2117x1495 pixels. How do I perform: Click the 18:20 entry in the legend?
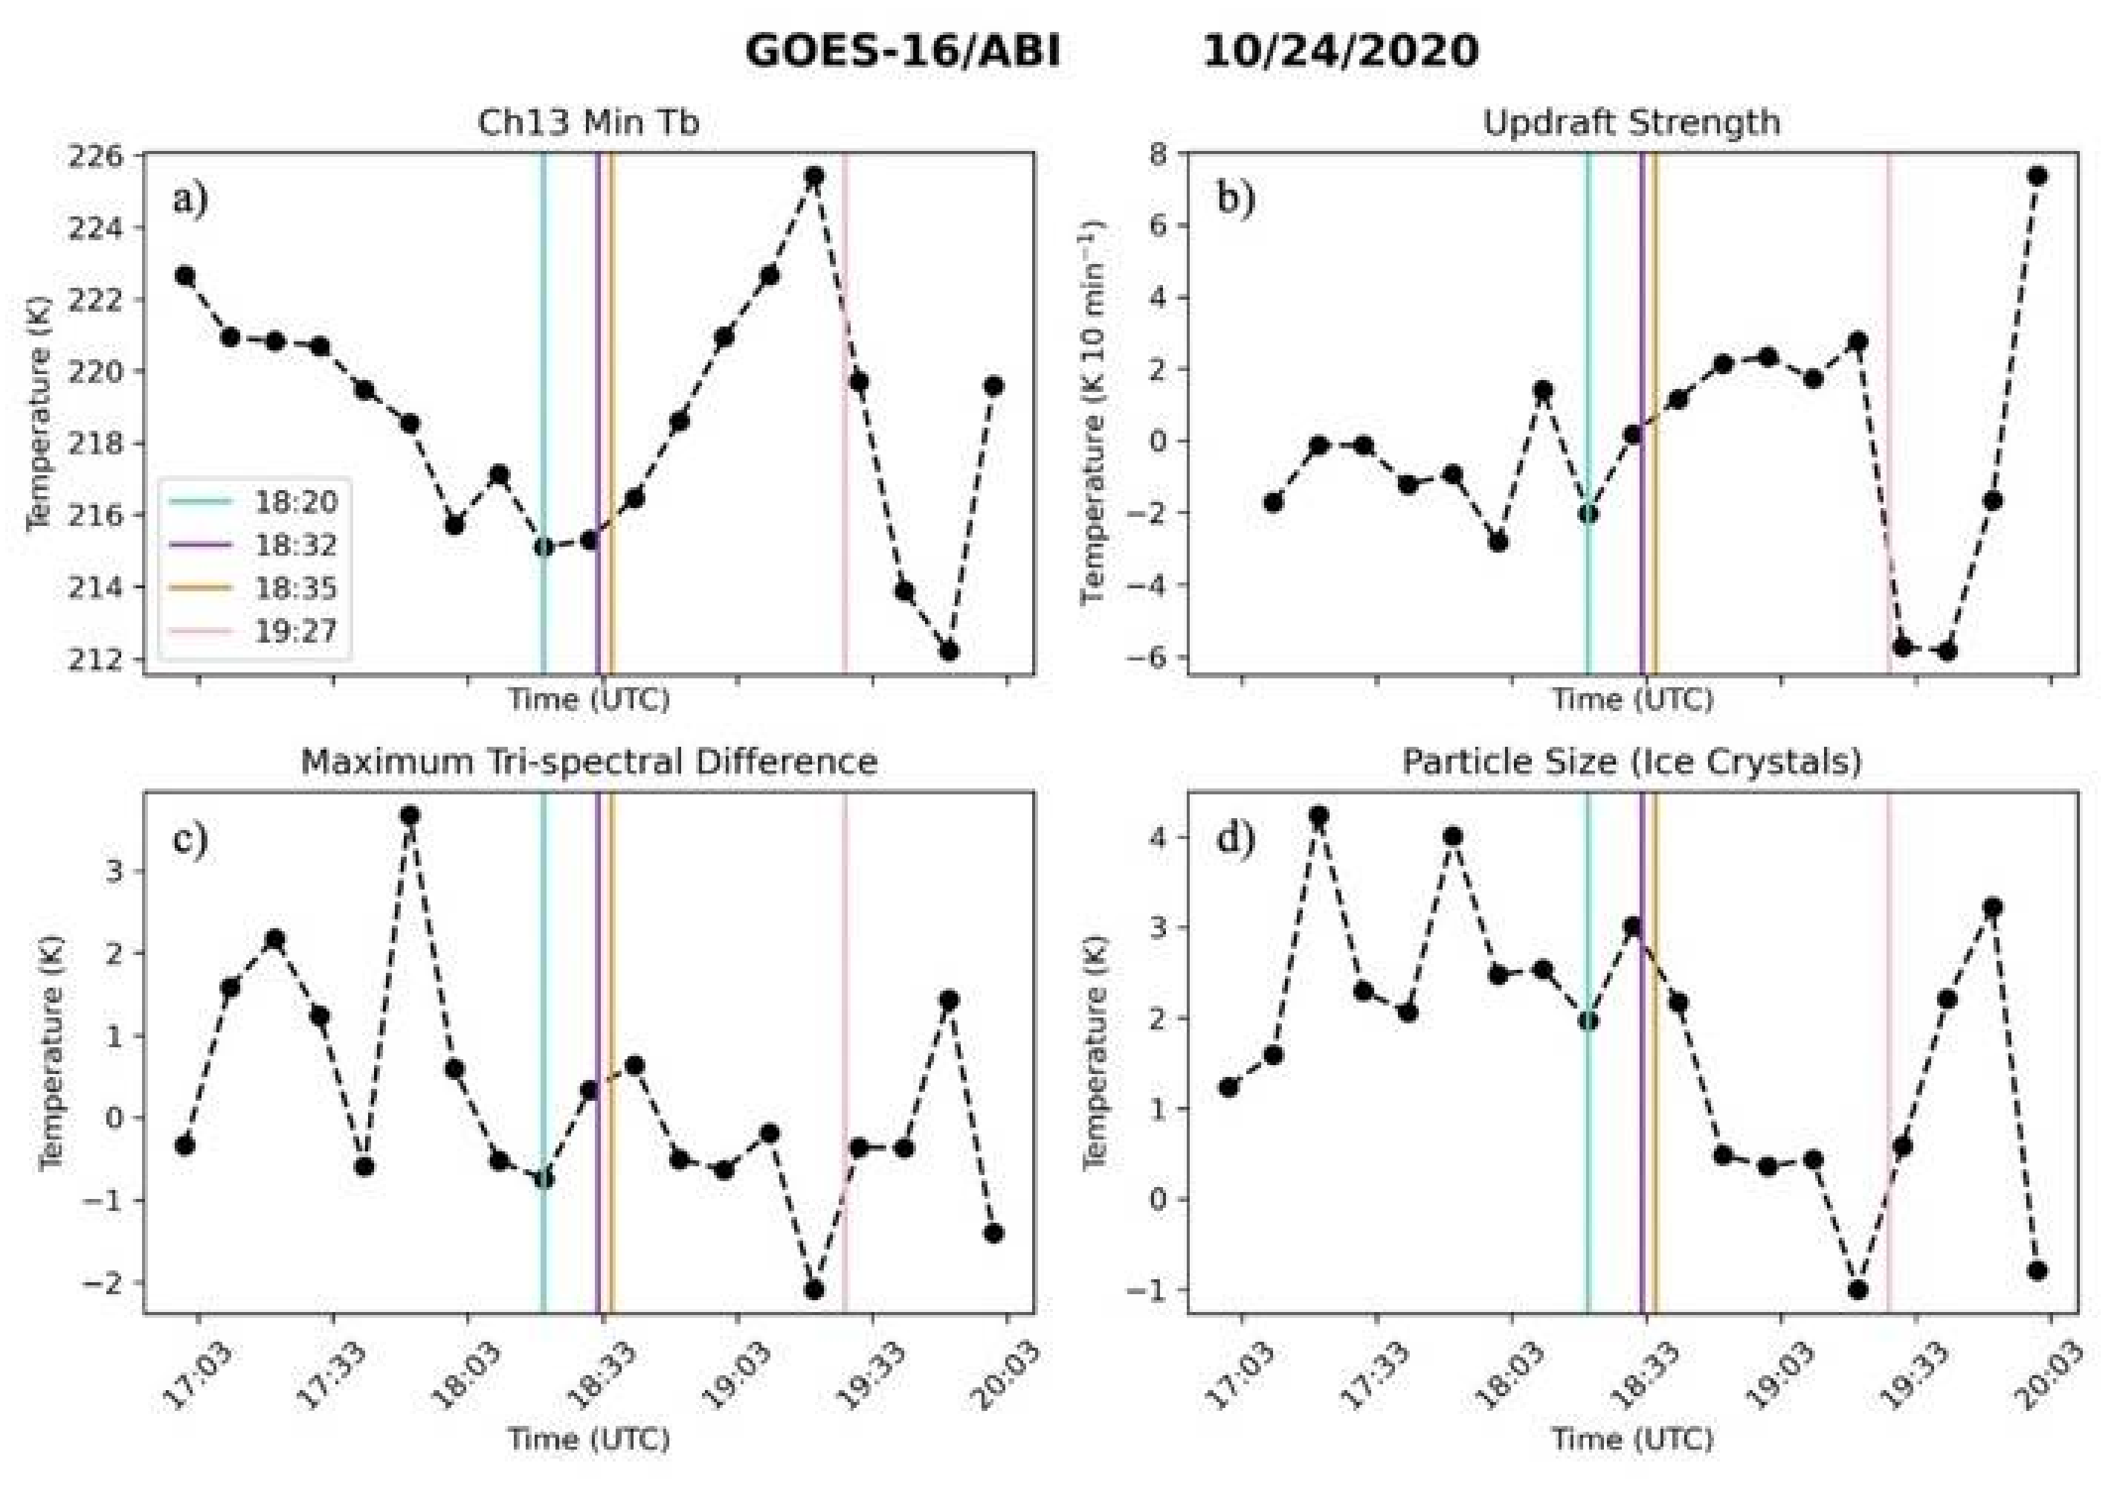click(295, 503)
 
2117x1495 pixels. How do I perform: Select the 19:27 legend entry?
click(295, 631)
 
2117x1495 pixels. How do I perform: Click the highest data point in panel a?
click(813, 176)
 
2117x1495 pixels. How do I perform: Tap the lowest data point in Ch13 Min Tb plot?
click(949, 651)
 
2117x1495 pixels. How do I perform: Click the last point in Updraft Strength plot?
click(2037, 176)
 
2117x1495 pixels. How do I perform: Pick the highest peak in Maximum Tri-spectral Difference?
click(410, 815)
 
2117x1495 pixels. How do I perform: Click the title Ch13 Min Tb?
click(588, 123)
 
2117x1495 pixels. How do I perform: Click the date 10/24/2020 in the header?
click(1340, 51)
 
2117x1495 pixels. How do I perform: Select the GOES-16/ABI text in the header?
click(903, 51)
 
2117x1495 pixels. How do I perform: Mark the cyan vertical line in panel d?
click(1588, 1153)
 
